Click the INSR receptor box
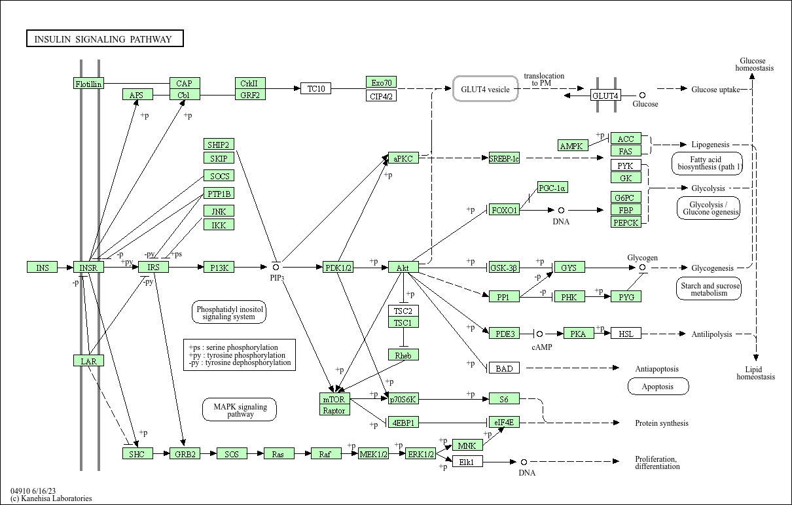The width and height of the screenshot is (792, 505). tap(88, 267)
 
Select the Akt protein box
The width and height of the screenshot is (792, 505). tap(403, 267)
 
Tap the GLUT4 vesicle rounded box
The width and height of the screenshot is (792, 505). tap(486, 89)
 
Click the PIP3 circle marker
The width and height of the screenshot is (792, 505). tap(276, 267)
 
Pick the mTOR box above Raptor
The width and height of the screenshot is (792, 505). tap(334, 398)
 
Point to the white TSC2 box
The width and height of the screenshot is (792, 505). tap(403, 311)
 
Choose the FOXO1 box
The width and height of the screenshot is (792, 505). tap(504, 210)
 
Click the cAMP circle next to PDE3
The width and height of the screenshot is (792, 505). tap(539, 334)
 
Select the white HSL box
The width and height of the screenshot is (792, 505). tap(626, 333)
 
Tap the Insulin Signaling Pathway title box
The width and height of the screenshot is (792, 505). tap(105, 38)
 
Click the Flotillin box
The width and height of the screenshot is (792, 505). tap(88, 83)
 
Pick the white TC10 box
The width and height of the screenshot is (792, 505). tap(315, 88)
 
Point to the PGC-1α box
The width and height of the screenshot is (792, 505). tap(552, 187)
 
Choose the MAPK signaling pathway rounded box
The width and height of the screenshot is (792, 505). tap(240, 409)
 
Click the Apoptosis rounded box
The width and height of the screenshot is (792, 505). tap(658, 386)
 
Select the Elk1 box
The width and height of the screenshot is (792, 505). tap(467, 462)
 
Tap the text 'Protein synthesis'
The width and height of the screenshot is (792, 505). tap(662, 423)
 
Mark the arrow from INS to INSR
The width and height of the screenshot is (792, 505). tap(65, 268)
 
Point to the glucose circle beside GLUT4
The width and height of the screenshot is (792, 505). tap(643, 95)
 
